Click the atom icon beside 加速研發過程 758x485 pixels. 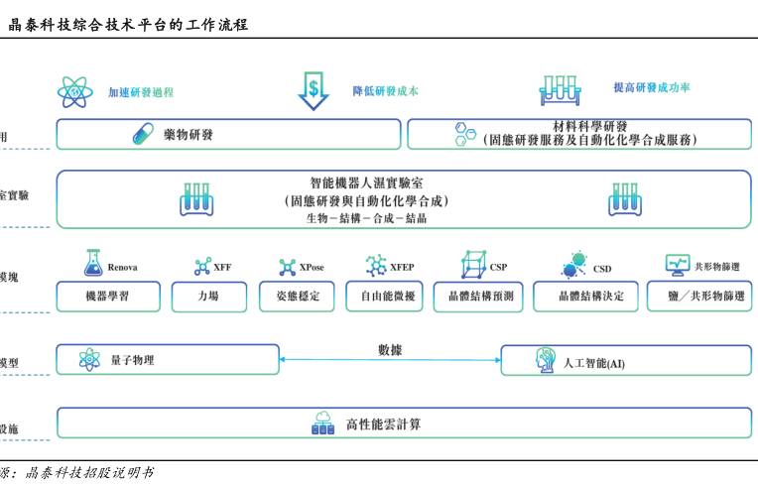pos(75,91)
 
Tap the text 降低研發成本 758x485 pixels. pos(385,90)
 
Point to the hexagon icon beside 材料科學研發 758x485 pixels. pos(464,134)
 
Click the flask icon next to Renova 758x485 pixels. pos(93,263)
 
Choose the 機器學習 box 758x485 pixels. pos(107,296)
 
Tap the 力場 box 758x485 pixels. pos(208,296)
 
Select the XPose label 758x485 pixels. pos(312,267)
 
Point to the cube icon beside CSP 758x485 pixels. pos(473,265)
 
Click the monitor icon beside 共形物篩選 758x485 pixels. pos(678,265)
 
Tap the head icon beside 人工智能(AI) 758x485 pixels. pos(546,361)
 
